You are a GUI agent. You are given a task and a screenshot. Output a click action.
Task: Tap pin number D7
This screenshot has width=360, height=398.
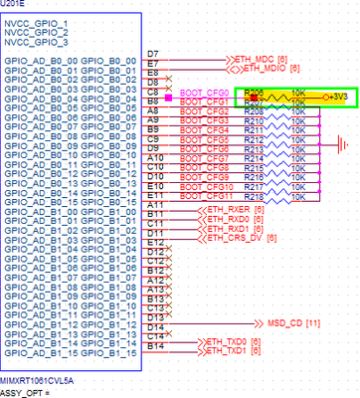pos(152,52)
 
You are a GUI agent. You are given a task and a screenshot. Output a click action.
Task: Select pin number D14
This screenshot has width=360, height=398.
pos(153,325)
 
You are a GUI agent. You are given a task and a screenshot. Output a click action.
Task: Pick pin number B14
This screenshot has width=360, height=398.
pos(153,344)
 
